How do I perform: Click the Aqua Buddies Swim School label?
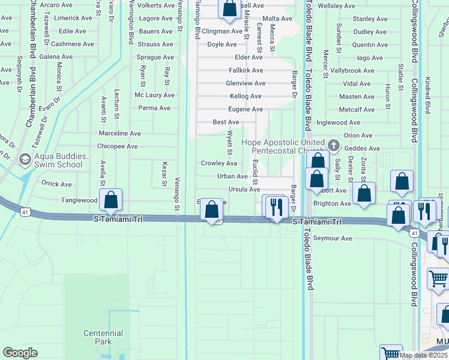(x=59, y=160)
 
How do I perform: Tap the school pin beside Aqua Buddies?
(x=25, y=160)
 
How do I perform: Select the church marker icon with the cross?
(x=334, y=145)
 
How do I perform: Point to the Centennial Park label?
(x=103, y=337)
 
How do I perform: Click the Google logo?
(x=20, y=353)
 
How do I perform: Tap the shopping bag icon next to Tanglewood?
(x=111, y=200)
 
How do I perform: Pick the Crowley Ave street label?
(x=218, y=163)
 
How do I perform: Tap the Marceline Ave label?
(x=119, y=133)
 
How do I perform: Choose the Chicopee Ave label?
(x=118, y=146)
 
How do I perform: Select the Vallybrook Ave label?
(x=352, y=70)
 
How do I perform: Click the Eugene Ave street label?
(x=245, y=109)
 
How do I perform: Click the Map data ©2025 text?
(x=423, y=355)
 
